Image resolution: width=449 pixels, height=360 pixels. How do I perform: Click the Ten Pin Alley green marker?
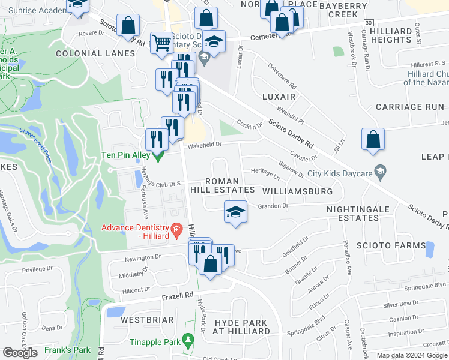click(158, 157)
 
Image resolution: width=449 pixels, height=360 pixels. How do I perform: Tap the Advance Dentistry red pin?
click(176, 229)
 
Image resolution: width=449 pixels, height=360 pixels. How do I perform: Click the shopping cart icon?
click(161, 43)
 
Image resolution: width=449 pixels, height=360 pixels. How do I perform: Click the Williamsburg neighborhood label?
click(297, 191)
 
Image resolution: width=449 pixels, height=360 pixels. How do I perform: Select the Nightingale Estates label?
click(352, 214)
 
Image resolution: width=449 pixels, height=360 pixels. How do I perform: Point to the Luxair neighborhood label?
click(279, 97)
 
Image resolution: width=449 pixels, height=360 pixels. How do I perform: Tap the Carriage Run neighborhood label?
click(409, 107)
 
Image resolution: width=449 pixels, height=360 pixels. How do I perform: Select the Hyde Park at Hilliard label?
click(241, 326)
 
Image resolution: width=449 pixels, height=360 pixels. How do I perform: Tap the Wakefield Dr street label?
click(204, 144)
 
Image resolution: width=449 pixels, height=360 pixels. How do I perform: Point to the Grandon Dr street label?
click(273, 206)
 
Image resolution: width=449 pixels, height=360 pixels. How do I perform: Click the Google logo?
click(20, 352)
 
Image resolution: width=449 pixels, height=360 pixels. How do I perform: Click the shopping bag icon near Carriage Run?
click(373, 139)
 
